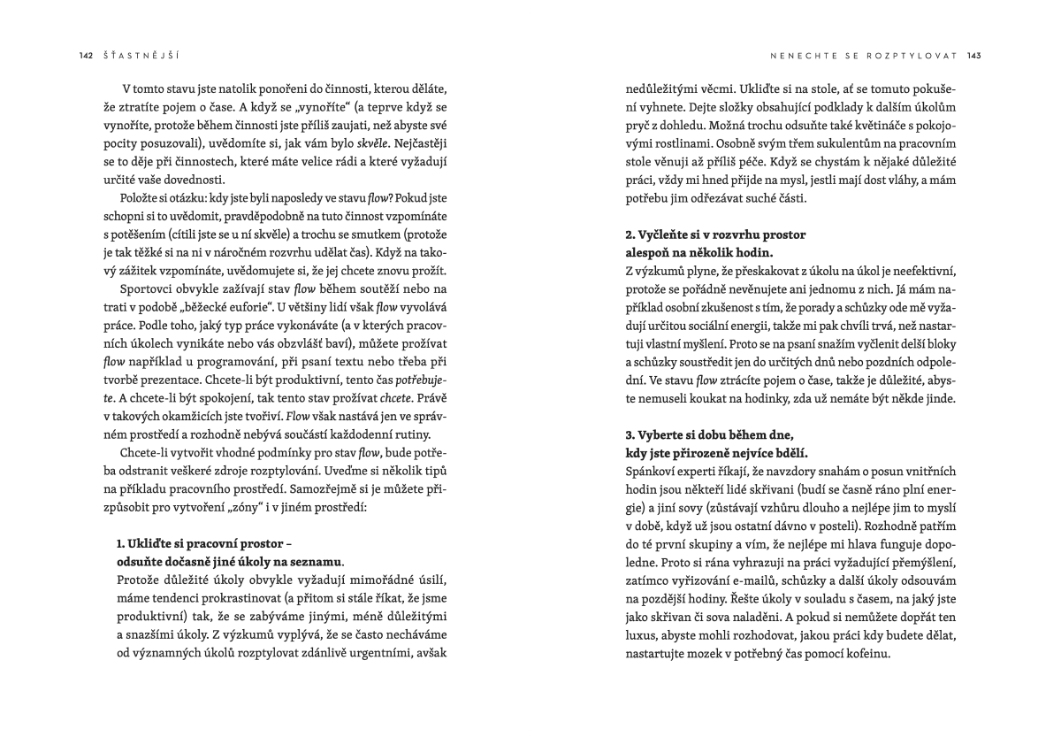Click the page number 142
(86, 55)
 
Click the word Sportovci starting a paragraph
(135, 290)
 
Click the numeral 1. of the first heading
(121, 542)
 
